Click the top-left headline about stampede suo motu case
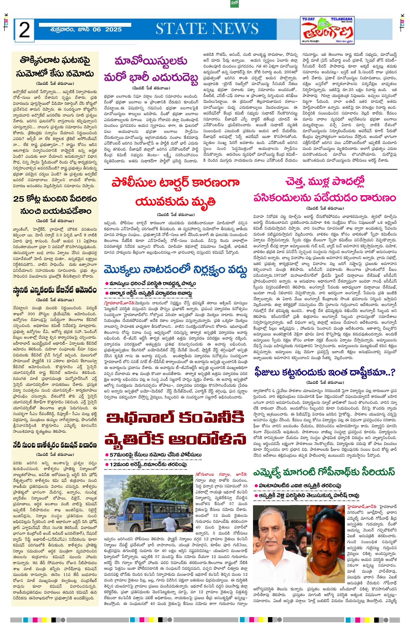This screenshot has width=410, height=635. (x=55, y=67)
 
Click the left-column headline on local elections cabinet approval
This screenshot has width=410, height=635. (x=55, y=290)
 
